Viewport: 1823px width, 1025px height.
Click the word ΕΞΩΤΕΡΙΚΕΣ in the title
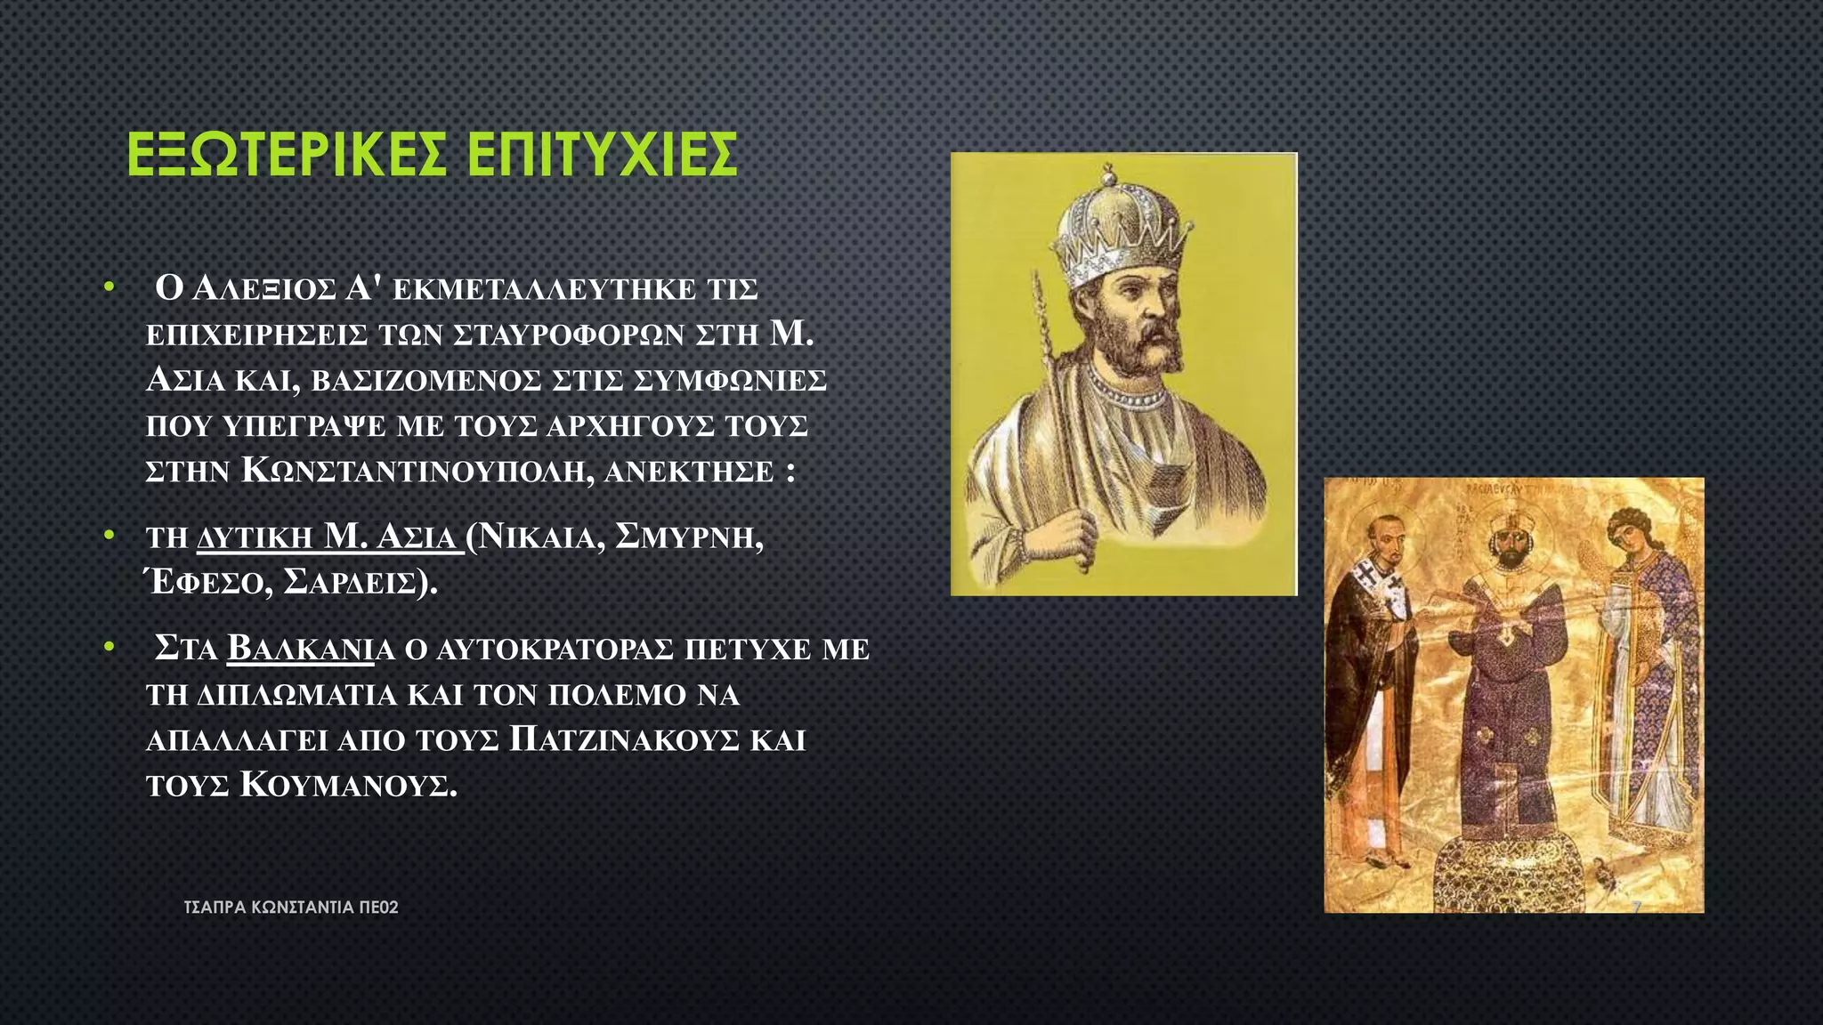click(x=286, y=155)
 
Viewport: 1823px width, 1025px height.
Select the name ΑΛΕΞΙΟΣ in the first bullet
click(x=263, y=289)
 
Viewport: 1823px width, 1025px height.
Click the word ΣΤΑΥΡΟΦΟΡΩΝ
click(x=569, y=335)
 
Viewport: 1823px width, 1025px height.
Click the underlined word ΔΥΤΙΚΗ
click(x=255, y=537)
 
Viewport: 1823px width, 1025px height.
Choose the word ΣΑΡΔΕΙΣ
click(x=360, y=583)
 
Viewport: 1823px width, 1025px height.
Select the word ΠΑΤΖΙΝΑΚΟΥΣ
click(x=624, y=740)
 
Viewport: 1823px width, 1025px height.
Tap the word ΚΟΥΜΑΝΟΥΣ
click(x=348, y=786)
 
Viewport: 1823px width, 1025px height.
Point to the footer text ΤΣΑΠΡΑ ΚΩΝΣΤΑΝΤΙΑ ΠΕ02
click(x=290, y=908)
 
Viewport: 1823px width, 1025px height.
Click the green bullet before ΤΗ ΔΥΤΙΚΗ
click(x=109, y=536)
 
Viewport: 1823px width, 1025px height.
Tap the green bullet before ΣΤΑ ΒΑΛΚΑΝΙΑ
click(x=109, y=647)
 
